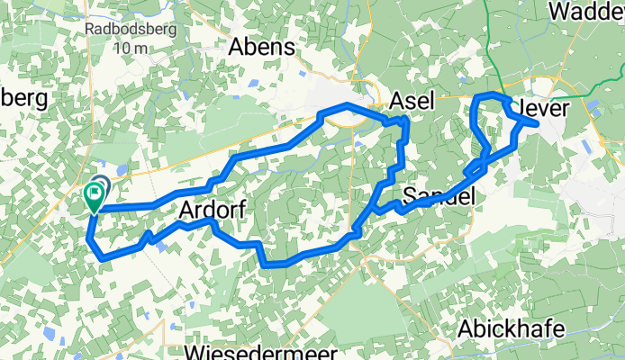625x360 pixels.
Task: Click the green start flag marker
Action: pos(94,195)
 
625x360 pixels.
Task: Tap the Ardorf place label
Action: pos(213,209)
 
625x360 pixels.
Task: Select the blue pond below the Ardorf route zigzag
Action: pos(161,248)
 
